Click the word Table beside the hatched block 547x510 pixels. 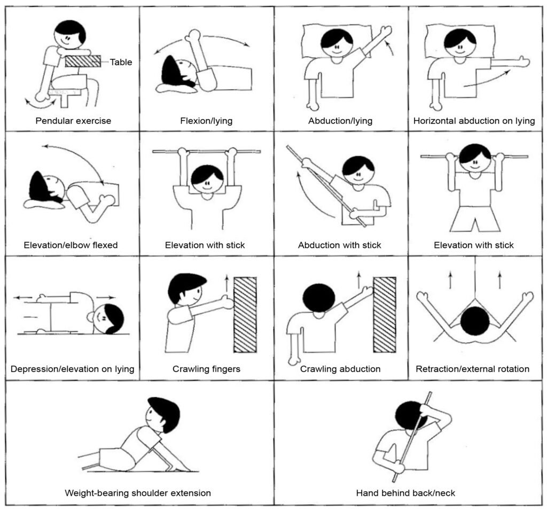click(121, 62)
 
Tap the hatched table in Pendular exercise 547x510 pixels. click(83, 61)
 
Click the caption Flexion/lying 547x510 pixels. click(206, 121)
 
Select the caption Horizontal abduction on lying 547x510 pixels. click(474, 121)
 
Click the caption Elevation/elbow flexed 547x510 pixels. click(71, 245)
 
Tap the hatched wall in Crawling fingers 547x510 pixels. click(245, 314)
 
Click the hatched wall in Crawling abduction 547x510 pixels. click(385, 314)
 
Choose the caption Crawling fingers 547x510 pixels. click(207, 369)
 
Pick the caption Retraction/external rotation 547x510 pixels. click(473, 369)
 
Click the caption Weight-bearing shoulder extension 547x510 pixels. click(138, 493)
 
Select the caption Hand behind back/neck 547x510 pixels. click(406, 493)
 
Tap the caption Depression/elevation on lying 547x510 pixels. click(73, 369)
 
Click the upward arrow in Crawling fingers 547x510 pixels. click(226, 283)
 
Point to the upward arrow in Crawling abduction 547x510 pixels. click(358, 280)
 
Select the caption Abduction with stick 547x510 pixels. click(339, 245)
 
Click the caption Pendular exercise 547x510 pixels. click(73, 121)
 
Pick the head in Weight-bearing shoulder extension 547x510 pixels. click(164, 414)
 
